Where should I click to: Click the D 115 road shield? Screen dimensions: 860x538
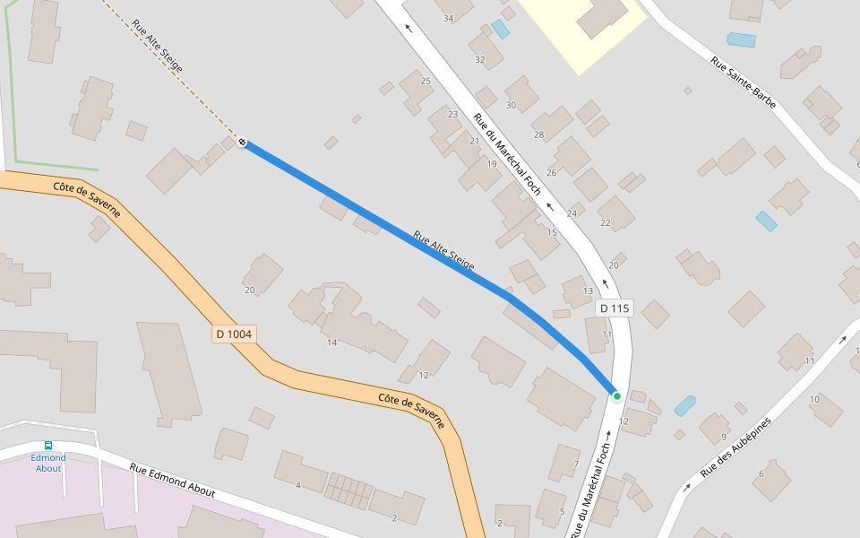click(615, 308)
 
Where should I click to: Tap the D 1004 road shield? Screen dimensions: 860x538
click(235, 334)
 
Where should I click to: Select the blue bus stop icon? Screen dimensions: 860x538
click(48, 446)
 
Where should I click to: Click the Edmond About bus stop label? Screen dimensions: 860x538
click(48, 463)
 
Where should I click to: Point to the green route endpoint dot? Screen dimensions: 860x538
click(617, 395)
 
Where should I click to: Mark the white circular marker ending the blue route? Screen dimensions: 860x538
click(243, 142)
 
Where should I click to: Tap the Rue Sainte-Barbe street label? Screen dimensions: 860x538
click(743, 83)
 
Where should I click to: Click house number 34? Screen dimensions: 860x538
click(448, 18)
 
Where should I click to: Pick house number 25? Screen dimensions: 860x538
click(426, 82)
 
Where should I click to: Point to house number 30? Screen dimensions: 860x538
click(511, 105)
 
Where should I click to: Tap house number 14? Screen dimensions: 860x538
click(331, 343)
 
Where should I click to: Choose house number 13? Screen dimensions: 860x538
click(588, 291)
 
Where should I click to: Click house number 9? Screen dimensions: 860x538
click(723, 438)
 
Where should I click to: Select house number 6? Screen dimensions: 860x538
click(761, 473)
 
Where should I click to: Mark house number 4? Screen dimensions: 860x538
click(297, 485)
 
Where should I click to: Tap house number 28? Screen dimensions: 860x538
click(538, 135)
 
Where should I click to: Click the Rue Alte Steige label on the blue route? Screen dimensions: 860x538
click(443, 251)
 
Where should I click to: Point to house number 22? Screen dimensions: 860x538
click(606, 222)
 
